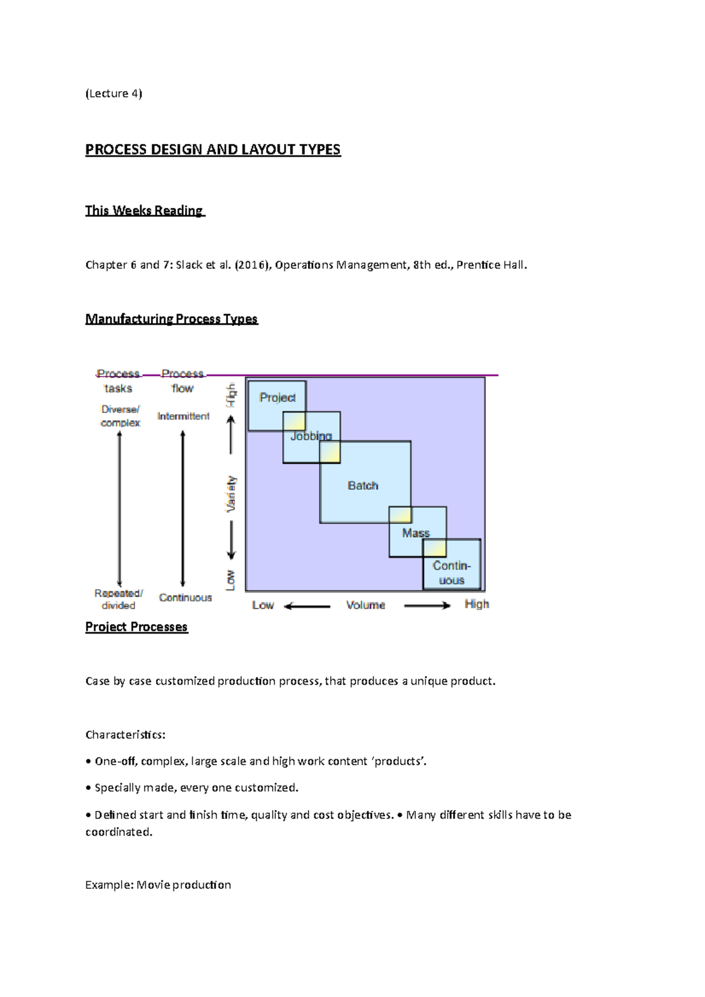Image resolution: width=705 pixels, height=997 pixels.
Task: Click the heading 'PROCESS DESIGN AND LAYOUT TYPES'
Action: coord(213,150)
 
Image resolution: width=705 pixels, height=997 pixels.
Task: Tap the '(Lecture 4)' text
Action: coord(114,93)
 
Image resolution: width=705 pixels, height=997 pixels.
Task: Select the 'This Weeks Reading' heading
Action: coord(144,210)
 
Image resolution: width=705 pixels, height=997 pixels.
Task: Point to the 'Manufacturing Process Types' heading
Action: coord(172,319)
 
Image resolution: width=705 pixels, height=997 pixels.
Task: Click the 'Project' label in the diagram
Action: coord(277,398)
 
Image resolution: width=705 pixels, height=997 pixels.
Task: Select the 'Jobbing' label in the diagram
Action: coord(311,436)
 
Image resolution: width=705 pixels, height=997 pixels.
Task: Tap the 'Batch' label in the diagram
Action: coord(362,486)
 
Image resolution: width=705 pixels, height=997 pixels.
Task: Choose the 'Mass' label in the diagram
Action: coord(415,533)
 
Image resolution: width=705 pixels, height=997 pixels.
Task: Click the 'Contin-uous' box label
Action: coord(451,573)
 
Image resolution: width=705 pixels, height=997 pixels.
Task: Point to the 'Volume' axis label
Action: coord(365,605)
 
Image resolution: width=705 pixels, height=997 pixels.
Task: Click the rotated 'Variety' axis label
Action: coord(231,493)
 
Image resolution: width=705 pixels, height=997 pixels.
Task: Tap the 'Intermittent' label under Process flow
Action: coord(183,416)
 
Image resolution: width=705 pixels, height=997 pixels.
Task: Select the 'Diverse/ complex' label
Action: coord(120,416)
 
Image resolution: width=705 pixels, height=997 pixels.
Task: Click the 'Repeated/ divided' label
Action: coord(119,599)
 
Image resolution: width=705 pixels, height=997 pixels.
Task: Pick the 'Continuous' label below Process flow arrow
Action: coord(185,598)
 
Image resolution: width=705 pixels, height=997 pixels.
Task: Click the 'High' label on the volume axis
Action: coord(476,604)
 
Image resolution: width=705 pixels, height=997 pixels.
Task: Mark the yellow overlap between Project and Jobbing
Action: coord(294,422)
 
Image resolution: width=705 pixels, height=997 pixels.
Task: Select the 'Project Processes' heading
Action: coord(136,627)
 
